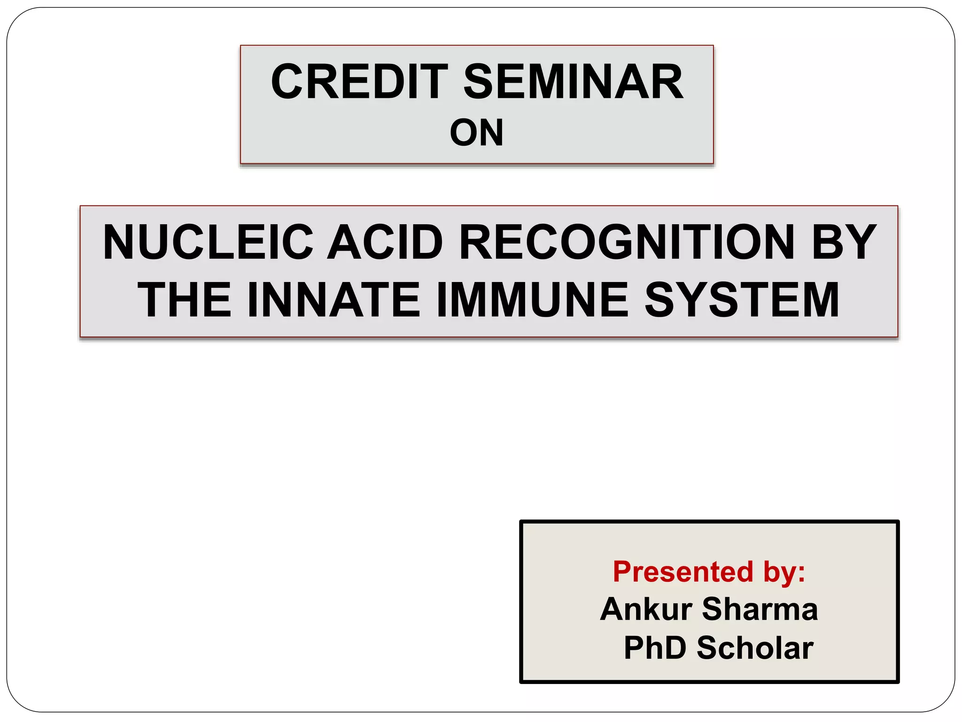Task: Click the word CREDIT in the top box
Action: (x=359, y=82)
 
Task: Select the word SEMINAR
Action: (x=574, y=82)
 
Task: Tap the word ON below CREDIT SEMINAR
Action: (x=476, y=133)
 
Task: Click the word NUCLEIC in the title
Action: (x=208, y=242)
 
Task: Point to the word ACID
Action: (x=385, y=242)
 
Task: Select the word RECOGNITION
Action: (x=627, y=242)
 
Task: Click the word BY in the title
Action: (x=844, y=242)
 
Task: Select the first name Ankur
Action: (x=646, y=609)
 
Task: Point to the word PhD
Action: (x=655, y=648)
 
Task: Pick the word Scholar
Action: (x=755, y=648)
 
